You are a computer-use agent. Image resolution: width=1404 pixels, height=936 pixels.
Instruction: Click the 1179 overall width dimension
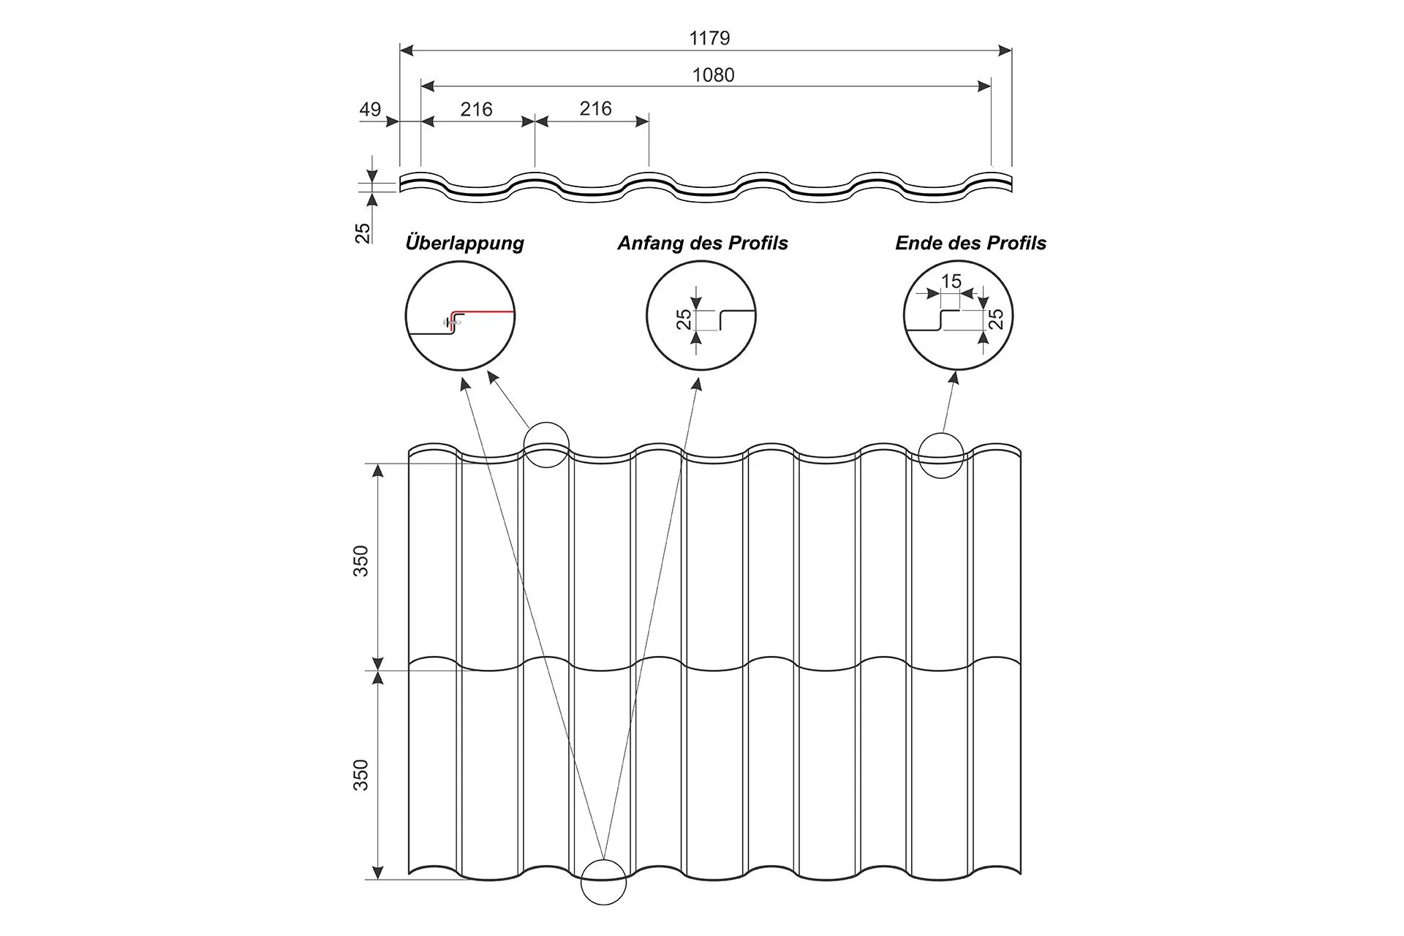click(709, 38)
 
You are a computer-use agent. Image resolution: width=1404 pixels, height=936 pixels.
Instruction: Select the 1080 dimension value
click(713, 75)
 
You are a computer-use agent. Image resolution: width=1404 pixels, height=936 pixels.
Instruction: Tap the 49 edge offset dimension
click(370, 110)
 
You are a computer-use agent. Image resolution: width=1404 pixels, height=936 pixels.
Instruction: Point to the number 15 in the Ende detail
click(951, 281)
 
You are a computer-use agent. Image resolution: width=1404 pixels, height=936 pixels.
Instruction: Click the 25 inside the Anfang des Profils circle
click(684, 320)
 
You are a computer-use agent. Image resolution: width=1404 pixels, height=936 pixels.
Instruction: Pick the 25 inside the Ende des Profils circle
click(996, 319)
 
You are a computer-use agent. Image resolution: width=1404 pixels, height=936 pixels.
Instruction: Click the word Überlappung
click(464, 243)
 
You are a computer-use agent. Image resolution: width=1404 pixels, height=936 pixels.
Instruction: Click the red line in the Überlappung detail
click(486, 312)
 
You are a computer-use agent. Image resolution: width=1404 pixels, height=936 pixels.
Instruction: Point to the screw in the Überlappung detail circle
click(453, 322)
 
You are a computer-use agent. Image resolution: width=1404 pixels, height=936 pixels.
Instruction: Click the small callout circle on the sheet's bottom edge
click(603, 882)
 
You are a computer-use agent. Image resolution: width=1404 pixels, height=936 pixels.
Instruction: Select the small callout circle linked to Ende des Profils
click(941, 456)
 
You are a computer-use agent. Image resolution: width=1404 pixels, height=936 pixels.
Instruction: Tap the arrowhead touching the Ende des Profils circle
click(954, 377)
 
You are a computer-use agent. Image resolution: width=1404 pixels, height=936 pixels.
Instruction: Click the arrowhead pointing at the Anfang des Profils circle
click(697, 383)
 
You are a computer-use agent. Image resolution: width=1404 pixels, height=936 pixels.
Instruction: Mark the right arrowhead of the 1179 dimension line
click(1005, 50)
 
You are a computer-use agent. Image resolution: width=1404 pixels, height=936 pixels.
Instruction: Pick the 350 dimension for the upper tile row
click(361, 561)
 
